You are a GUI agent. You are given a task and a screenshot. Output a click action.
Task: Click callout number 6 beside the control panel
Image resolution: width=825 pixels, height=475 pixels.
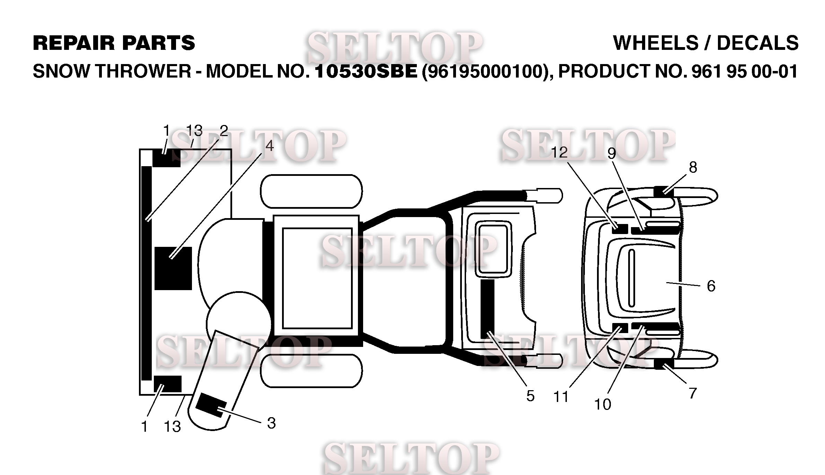pyautogui.click(x=711, y=286)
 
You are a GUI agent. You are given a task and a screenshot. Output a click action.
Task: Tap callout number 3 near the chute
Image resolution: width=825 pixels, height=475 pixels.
pyautogui.click(x=271, y=423)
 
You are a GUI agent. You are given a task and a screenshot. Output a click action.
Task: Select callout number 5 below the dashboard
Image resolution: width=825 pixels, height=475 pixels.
pyautogui.click(x=530, y=396)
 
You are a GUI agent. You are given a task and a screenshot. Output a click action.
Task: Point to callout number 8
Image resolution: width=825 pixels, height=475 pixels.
pyautogui.click(x=693, y=168)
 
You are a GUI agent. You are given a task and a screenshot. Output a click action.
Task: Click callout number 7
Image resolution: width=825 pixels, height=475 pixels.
pyautogui.click(x=693, y=393)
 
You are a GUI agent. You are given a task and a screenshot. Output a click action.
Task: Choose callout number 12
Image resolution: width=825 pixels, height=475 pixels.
pyautogui.click(x=559, y=152)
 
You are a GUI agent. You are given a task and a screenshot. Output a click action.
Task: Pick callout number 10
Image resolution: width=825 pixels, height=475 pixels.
pyautogui.click(x=603, y=404)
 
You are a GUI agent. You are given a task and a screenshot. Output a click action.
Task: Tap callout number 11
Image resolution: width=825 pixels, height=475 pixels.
pyautogui.click(x=561, y=397)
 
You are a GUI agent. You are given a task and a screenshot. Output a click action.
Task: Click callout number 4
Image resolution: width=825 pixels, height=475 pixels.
pyautogui.click(x=270, y=146)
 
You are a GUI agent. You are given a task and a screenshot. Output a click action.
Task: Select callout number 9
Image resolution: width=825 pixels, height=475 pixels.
pyautogui.click(x=612, y=154)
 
